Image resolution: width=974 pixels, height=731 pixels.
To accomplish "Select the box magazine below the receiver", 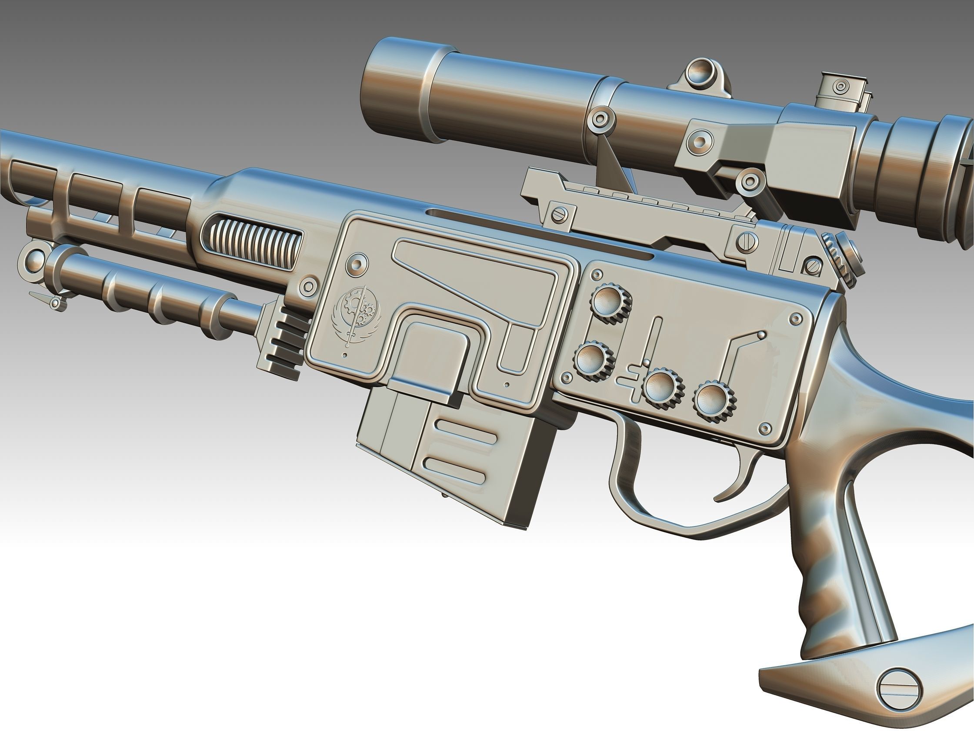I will pyautogui.click(x=454, y=458).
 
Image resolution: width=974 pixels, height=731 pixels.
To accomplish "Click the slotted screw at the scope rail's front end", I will pyautogui.click(x=558, y=215).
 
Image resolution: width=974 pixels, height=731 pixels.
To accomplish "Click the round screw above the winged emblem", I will pyautogui.click(x=357, y=264).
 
